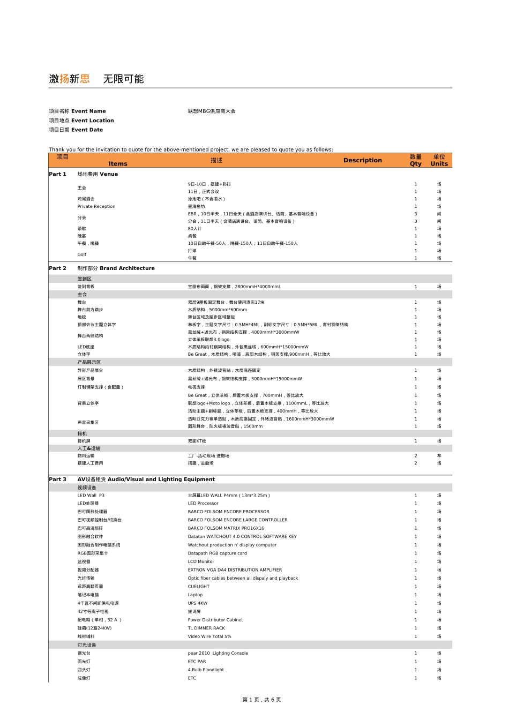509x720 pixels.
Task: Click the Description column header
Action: (x=363, y=160)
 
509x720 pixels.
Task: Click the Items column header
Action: (x=118, y=164)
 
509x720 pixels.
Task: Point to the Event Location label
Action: (x=81, y=121)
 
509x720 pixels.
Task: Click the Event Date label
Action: (x=76, y=130)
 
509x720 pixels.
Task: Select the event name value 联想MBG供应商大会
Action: (x=212, y=111)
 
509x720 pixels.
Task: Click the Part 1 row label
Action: (x=58, y=174)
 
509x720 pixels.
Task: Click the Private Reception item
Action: (x=96, y=206)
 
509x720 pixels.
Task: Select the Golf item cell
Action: (x=82, y=254)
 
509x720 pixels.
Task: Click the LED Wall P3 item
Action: (x=91, y=496)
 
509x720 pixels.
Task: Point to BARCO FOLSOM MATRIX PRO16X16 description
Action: (x=226, y=528)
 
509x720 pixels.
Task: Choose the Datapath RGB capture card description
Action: (x=218, y=553)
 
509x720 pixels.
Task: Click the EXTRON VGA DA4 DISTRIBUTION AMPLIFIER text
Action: (x=235, y=570)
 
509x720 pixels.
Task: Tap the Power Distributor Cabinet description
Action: (x=215, y=620)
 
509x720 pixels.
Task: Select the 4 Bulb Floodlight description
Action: (x=206, y=670)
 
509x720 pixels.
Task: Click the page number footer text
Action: (x=262, y=700)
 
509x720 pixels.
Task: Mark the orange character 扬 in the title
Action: (x=64, y=79)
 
